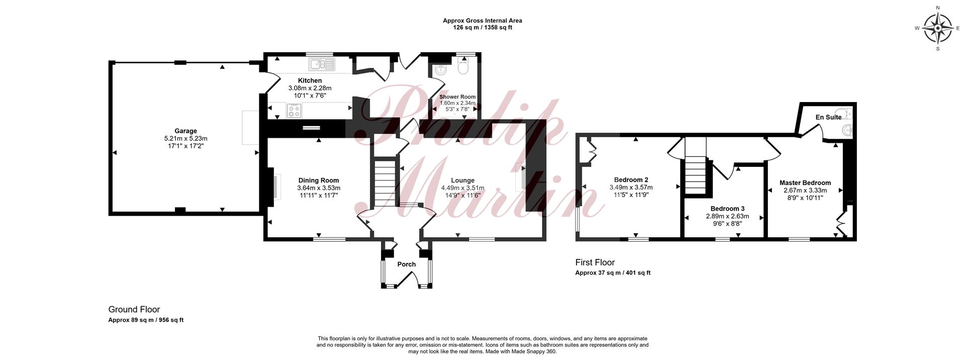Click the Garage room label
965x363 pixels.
(185, 131)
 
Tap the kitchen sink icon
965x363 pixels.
(322, 64)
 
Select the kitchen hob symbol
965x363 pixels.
(294, 111)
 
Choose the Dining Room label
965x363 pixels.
(319, 180)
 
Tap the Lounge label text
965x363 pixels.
(462, 180)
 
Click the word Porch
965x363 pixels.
(407, 264)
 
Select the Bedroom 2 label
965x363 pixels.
(631, 180)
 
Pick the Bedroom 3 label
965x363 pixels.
(727, 209)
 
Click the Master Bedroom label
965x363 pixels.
(805, 183)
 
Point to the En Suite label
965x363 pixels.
(828, 118)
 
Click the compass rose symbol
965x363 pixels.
(938, 28)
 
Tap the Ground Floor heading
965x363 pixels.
(134, 310)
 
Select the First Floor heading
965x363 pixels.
(595, 262)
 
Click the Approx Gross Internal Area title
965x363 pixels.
(482, 21)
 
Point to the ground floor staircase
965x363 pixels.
(384, 183)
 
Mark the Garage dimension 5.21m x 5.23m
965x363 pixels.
(185, 139)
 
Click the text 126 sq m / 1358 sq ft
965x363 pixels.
(482, 28)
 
